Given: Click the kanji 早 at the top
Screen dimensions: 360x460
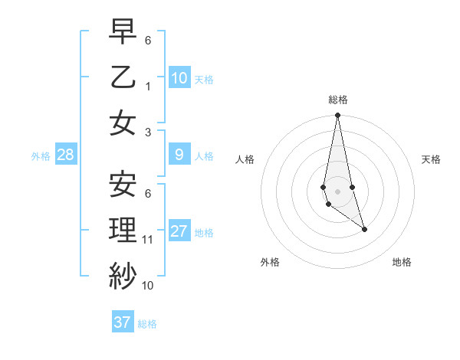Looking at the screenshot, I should pyautogui.click(x=123, y=31).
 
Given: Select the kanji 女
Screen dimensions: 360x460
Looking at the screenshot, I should pyautogui.click(x=123, y=122).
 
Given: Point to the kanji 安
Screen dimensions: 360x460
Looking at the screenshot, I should pyautogui.click(x=123, y=184).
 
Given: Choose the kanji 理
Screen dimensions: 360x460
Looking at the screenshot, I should pyautogui.click(x=123, y=229).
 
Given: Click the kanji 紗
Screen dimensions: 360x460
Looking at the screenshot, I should pyautogui.click(x=123, y=274).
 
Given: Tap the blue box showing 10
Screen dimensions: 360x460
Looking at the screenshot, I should pyautogui.click(x=179, y=77).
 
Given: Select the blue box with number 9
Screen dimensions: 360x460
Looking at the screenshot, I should pyautogui.click(x=179, y=155).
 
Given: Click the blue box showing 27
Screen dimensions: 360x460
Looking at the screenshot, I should pyautogui.click(x=179, y=231).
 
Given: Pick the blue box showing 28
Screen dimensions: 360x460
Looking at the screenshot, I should pyautogui.click(x=66, y=155).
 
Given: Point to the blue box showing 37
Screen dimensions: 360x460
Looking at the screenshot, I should pyautogui.click(x=123, y=322).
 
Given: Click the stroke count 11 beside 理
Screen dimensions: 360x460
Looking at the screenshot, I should pyautogui.click(x=148, y=240).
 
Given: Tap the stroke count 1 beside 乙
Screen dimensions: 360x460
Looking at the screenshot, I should pyautogui.click(x=149, y=87).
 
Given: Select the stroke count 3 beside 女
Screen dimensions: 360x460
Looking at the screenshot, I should pyautogui.click(x=149, y=133).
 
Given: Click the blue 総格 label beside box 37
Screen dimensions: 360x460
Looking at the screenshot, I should pyautogui.click(x=147, y=324).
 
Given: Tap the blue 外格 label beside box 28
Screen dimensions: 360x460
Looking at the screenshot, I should pyautogui.click(x=41, y=156).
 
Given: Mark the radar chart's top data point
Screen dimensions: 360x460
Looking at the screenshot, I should pyautogui.click(x=337, y=116).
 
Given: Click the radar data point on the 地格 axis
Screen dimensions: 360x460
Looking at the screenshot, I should pyautogui.click(x=364, y=229).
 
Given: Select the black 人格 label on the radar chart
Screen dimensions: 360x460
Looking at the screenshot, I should pyautogui.click(x=245, y=159).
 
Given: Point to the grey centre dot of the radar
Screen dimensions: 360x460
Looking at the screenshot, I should pyautogui.click(x=337, y=191).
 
